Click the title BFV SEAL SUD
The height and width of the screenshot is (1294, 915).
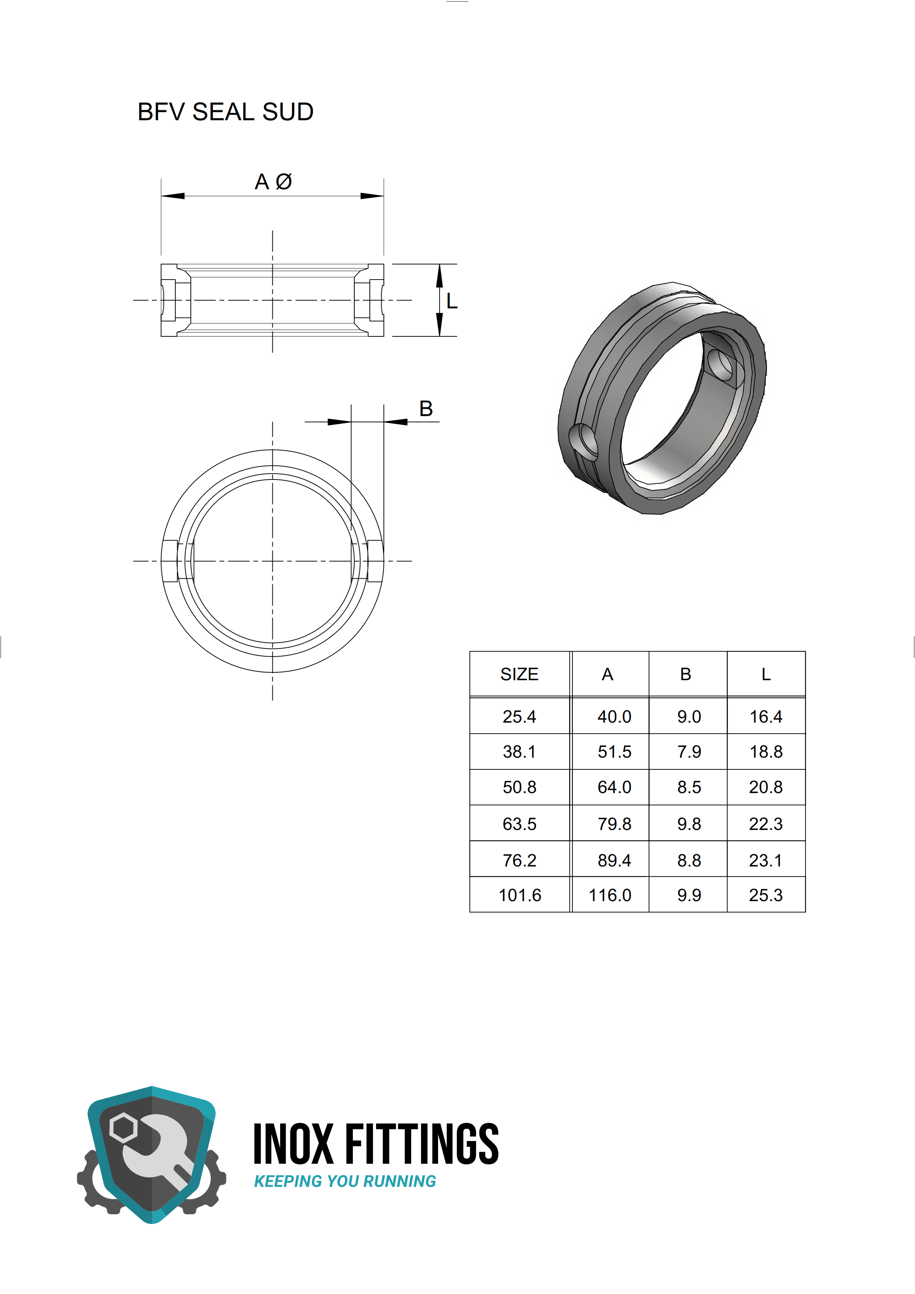click(226, 112)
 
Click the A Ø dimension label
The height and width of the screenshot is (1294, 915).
click(274, 181)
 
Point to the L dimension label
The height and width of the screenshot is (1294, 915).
click(451, 301)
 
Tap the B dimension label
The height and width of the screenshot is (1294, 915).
click(426, 409)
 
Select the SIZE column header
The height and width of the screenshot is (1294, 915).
click(519, 674)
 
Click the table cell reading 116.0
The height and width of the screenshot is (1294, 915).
click(610, 895)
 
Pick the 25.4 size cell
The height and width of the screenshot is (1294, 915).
click(519, 716)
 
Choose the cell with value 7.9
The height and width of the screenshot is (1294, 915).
click(689, 751)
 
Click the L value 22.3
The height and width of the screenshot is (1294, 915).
click(766, 824)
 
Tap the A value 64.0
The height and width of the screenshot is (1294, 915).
click(615, 787)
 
